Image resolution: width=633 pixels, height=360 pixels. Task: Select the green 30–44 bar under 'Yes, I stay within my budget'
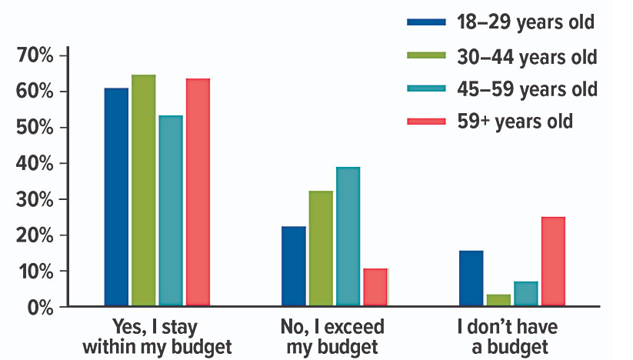click(144, 190)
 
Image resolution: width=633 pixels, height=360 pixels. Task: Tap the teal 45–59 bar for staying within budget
click(171, 211)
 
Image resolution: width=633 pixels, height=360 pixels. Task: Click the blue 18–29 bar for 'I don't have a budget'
click(471, 278)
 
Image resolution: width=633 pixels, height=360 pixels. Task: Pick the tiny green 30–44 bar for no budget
click(498, 300)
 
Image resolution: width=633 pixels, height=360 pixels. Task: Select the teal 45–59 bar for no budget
click(525, 294)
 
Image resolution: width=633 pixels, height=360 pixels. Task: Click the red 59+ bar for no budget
click(552, 262)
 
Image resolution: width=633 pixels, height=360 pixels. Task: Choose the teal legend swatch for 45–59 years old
click(426, 88)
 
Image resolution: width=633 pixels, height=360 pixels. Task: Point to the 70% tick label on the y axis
click(34, 56)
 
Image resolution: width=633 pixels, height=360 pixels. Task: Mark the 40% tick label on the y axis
click(34, 164)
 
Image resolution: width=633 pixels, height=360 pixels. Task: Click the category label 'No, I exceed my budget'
click(333, 337)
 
